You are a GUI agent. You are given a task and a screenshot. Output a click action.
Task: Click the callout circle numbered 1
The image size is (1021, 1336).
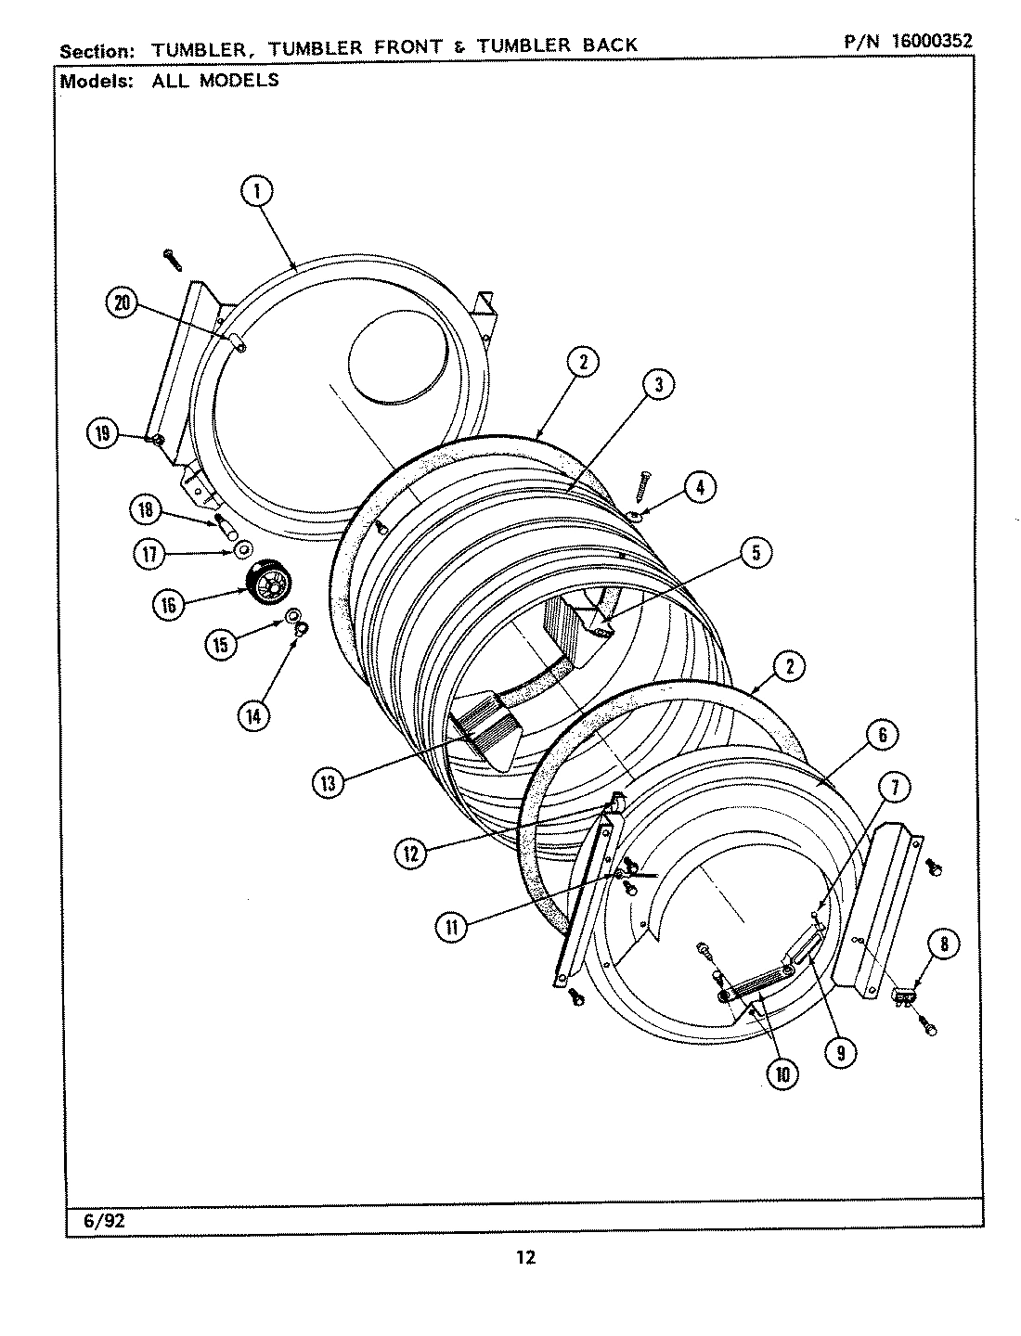[x=257, y=192]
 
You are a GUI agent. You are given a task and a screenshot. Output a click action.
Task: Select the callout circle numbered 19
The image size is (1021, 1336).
[x=102, y=432]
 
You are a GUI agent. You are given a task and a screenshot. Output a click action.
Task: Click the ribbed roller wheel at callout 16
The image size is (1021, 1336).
[x=270, y=584]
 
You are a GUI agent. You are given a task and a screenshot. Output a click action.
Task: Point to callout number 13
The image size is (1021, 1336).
[x=328, y=783]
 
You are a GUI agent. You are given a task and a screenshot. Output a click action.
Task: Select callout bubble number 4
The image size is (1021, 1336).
[x=700, y=486]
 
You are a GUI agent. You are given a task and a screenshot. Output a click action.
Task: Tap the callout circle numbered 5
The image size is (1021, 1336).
[x=756, y=553]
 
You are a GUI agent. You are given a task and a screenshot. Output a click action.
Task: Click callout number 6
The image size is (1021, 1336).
[x=882, y=736]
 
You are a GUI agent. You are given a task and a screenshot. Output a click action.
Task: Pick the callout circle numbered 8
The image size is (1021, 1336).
[x=944, y=945]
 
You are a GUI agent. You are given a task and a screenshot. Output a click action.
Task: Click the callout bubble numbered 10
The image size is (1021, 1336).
[x=782, y=1073]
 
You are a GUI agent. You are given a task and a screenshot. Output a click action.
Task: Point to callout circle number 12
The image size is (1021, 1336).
[x=409, y=852]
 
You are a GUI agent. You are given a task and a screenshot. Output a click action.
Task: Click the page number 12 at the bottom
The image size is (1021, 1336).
[x=524, y=1257]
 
